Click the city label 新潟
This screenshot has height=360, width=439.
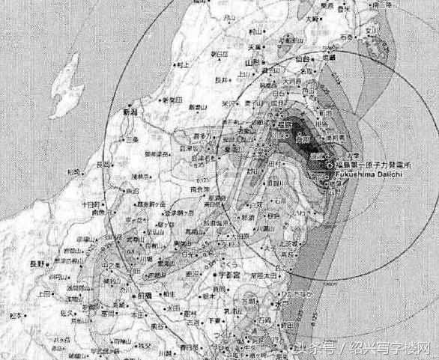(x=132, y=111)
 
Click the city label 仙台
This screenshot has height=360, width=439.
(x=303, y=57)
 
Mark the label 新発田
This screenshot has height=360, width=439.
(x=174, y=100)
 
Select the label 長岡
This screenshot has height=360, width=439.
(x=105, y=163)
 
